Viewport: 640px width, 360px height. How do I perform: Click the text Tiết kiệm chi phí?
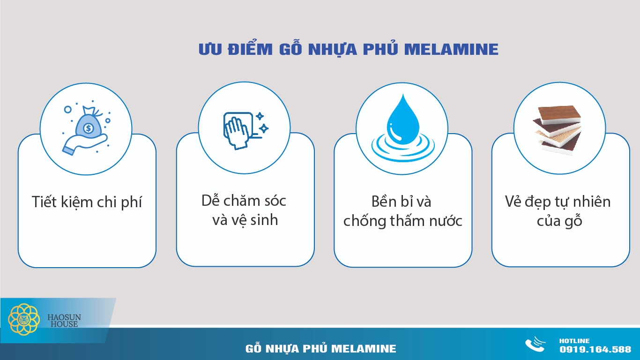click(87, 202)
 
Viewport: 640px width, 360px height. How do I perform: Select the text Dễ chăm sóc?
click(244, 201)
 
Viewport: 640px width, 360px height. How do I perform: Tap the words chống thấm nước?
click(402, 221)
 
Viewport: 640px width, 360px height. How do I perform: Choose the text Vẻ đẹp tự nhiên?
click(558, 202)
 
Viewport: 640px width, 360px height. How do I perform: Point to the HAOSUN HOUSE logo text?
click(64, 321)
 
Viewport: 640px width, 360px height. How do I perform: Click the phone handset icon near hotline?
click(535, 345)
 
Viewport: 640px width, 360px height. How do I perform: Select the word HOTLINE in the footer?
click(574, 341)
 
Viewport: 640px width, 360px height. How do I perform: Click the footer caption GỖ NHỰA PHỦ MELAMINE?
click(320, 349)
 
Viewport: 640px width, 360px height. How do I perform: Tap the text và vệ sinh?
click(245, 220)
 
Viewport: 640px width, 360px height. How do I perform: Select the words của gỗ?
click(559, 221)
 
